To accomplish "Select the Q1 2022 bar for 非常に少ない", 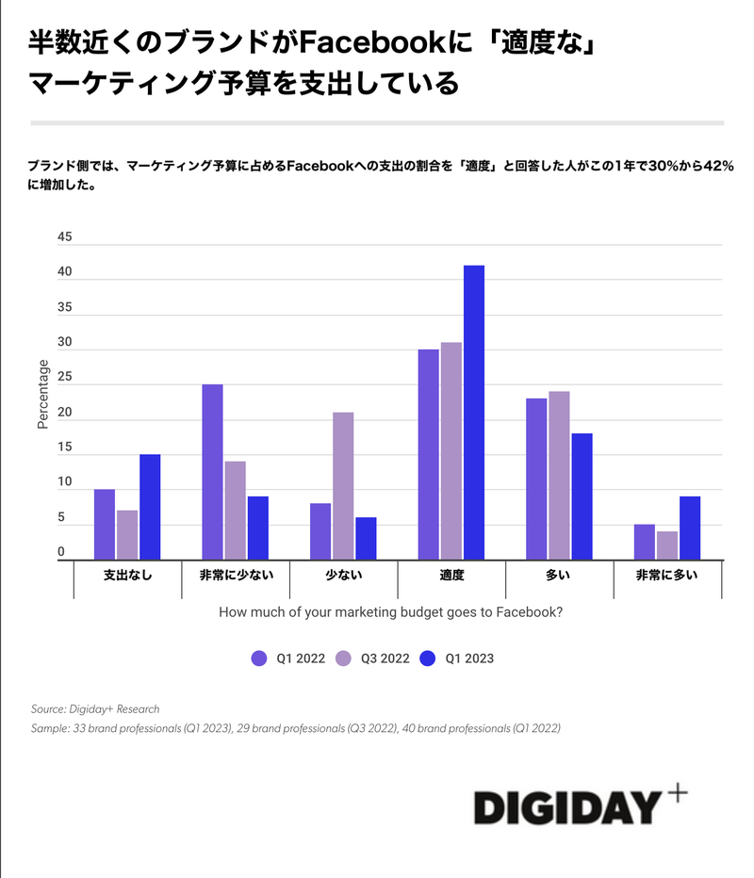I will tap(212, 472).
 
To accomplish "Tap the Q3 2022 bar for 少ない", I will tap(343, 486).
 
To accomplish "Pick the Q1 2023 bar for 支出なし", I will tap(150, 507).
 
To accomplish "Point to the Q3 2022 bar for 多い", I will tap(559, 476).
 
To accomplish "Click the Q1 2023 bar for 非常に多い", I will tap(689, 528).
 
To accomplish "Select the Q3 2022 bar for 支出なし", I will tap(127, 535).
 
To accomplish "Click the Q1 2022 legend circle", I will tap(259, 658).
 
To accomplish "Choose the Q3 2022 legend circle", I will tap(344, 658).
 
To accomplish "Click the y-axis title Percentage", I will tap(42, 394).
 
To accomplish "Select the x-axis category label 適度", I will tap(451, 575).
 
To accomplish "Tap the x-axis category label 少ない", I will tap(343, 575).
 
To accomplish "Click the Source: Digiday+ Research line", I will tap(95, 708).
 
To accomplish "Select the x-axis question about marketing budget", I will tap(390, 612).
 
